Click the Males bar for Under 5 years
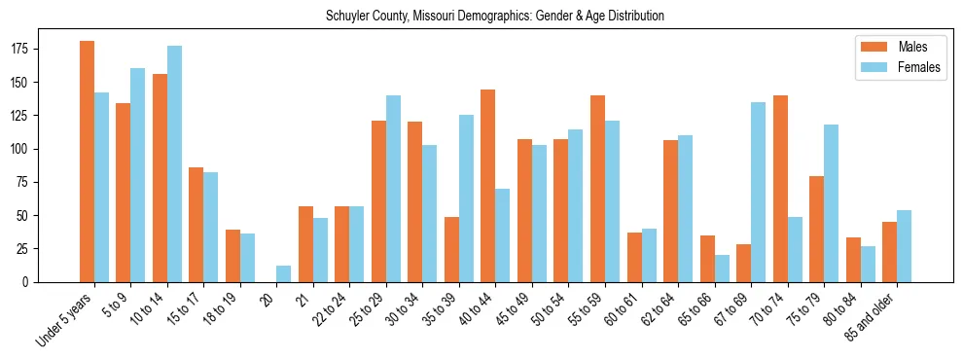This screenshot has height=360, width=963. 87,162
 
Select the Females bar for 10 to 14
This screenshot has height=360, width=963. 174,163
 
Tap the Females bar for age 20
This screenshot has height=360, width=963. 284,273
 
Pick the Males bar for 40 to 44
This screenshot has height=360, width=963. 488,186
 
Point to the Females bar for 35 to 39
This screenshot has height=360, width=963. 466,198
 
